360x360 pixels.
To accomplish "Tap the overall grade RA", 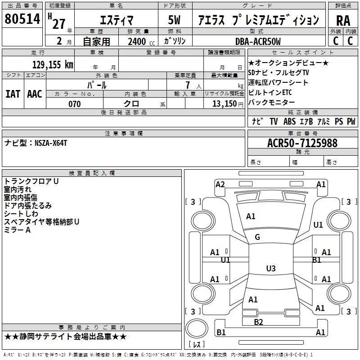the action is [x=343, y=20].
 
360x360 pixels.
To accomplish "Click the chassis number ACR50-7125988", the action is [x=302, y=143].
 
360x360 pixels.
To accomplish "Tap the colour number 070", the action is [x=74, y=104].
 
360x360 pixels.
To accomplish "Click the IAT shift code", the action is [x=13, y=94].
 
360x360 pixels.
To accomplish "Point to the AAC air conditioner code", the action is [x=35, y=94].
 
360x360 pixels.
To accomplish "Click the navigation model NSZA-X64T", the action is [x=51, y=143].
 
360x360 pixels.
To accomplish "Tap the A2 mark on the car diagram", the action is [x=220, y=184].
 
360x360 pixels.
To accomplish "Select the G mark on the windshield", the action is [x=257, y=237].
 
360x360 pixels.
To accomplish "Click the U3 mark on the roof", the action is [x=270, y=269].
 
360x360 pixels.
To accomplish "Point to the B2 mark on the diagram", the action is [x=258, y=322].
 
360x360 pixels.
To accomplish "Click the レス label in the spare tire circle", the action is [x=197, y=344].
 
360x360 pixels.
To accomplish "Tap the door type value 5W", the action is [x=174, y=20].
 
